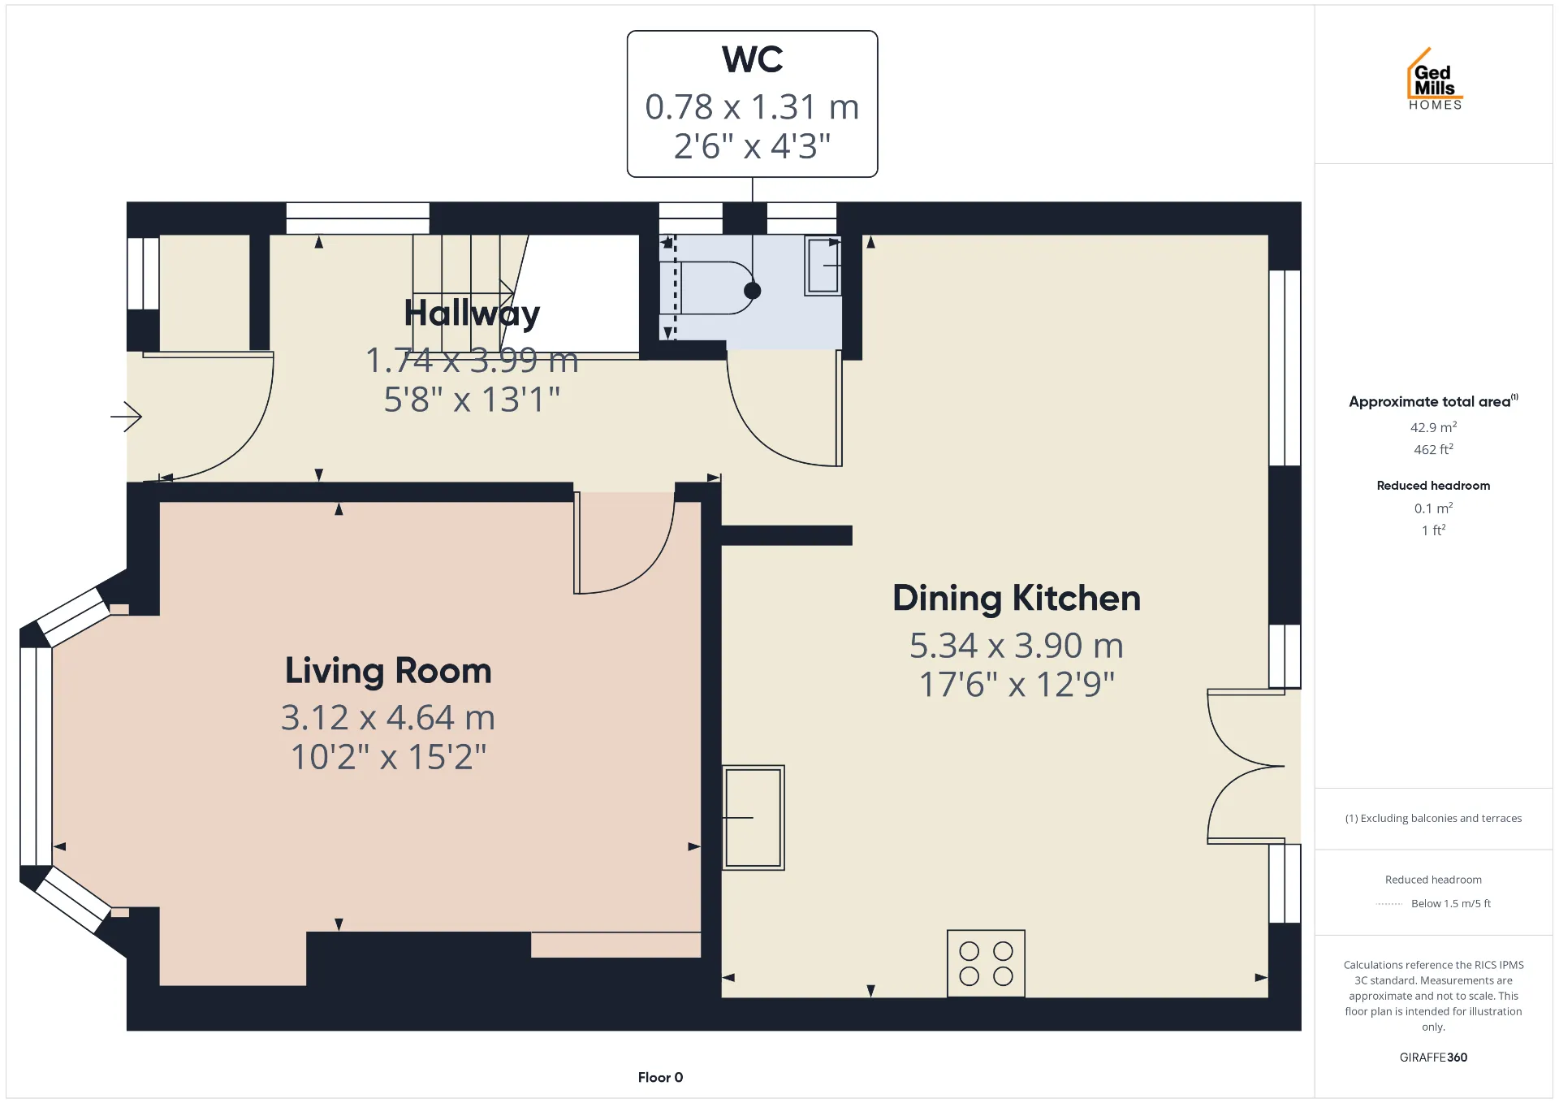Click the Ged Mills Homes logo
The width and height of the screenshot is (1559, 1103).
tap(1434, 79)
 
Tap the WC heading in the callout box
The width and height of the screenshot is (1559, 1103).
tap(752, 59)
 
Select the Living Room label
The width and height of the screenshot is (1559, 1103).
tap(388, 671)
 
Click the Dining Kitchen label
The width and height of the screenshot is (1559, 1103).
tap(1017, 599)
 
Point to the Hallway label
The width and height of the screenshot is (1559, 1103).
tap(472, 314)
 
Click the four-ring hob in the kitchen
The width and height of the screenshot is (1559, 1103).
tap(986, 963)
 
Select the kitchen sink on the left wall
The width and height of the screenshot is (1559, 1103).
tap(754, 817)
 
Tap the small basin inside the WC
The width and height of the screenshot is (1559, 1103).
tap(823, 266)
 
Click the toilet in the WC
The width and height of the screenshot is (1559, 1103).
tap(706, 288)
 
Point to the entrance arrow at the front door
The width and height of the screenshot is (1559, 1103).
tap(127, 417)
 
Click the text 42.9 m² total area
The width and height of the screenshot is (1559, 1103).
tap(1433, 427)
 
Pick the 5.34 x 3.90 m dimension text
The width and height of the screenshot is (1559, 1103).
tap(1017, 646)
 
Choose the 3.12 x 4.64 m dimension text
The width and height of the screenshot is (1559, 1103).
tap(388, 718)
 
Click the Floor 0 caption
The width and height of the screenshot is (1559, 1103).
tap(660, 1077)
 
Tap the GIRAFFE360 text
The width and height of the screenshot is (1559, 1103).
tap(1433, 1057)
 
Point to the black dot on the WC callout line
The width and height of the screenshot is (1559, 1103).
tap(753, 290)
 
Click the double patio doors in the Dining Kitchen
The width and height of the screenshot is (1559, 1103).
tap(1245, 766)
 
